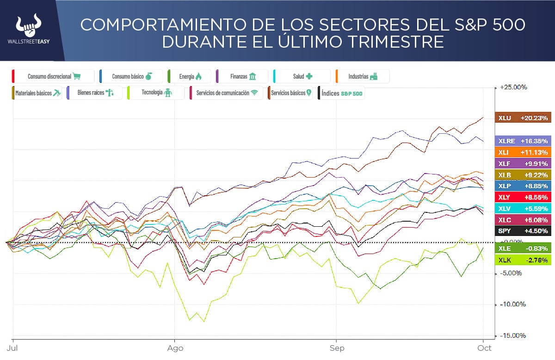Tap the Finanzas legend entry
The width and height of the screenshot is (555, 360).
pos(242,76)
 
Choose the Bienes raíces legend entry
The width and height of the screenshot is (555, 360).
pos(94,93)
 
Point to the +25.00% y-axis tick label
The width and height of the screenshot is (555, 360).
pos(514,87)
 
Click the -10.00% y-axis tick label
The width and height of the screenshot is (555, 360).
pos(514,304)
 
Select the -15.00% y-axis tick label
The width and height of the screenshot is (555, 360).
pos(514,335)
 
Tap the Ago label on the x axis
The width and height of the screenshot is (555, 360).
pos(175,348)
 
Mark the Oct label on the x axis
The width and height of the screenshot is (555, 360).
pos(484,348)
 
